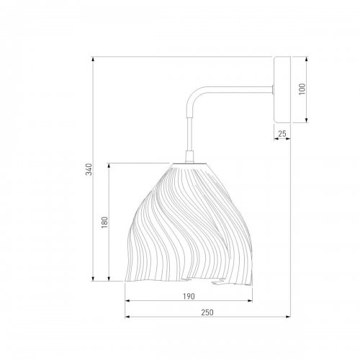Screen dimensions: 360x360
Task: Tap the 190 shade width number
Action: click(x=189, y=295)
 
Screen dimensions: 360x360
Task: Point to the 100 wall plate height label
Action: click(x=302, y=89)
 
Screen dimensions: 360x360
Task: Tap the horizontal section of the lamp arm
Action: click(x=234, y=89)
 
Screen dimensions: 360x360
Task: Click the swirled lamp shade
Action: click(x=189, y=223)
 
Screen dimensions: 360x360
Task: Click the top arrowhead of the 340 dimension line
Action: click(x=94, y=59)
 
